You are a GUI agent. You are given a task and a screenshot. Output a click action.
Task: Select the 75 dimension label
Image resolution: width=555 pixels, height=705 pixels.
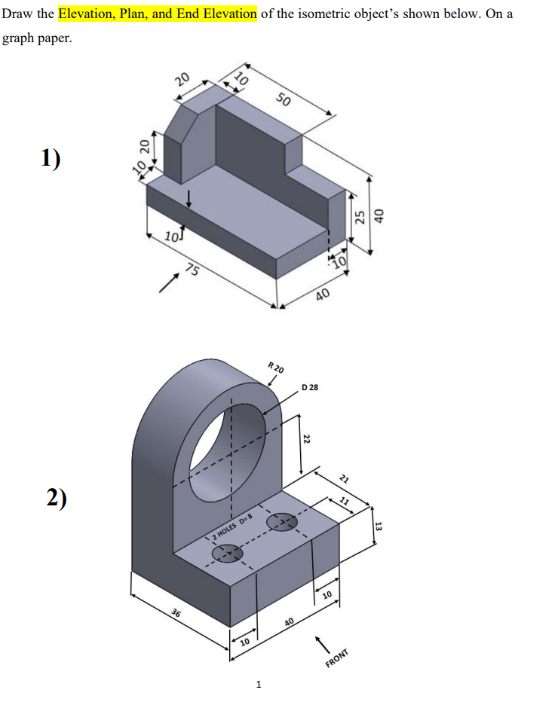click(193, 271)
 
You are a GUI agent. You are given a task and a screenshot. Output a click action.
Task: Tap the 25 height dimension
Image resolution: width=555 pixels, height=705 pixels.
click(360, 217)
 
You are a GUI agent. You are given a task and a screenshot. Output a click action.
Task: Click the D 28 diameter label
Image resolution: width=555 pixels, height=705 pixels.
click(310, 387)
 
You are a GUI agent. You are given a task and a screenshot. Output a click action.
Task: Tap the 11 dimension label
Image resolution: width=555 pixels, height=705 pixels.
click(344, 501)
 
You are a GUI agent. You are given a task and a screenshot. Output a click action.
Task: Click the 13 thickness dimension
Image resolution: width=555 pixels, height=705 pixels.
click(379, 526)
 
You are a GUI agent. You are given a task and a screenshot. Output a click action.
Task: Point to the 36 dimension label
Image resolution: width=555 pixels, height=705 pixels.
click(176, 614)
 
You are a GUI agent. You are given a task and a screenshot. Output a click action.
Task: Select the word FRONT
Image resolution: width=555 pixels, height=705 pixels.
click(337, 658)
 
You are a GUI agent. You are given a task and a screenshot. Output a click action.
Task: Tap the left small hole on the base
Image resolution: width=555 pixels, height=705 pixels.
click(227, 554)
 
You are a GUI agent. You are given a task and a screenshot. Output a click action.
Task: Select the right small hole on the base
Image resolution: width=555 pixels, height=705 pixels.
click(282, 520)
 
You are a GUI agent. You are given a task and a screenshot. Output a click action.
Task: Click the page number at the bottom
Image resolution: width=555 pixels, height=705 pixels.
click(259, 685)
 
